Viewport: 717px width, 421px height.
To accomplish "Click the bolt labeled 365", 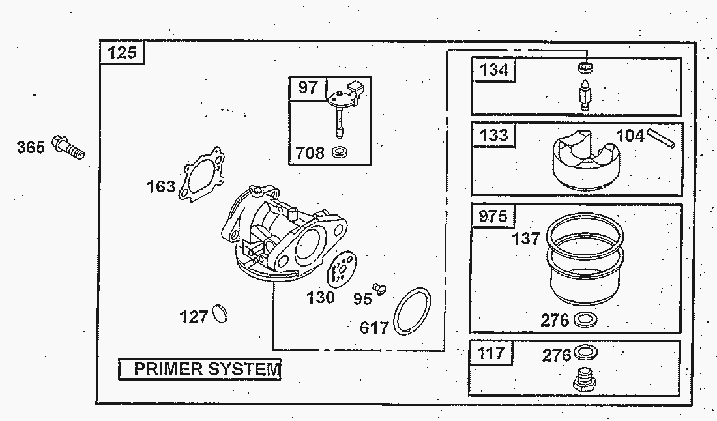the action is click(x=68, y=147).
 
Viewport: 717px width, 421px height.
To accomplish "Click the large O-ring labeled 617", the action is click(x=412, y=312).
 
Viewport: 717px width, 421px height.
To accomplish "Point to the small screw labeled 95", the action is click(x=379, y=289).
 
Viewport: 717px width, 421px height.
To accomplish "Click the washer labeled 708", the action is click(x=340, y=152).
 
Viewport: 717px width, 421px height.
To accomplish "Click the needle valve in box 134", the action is click(x=585, y=94).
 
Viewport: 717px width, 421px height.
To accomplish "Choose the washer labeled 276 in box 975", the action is click(x=585, y=319).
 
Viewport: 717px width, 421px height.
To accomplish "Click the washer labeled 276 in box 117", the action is click(x=585, y=353).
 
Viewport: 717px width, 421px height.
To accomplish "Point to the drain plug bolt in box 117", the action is click(x=585, y=379).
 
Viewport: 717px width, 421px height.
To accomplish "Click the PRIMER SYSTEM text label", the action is click(x=206, y=369).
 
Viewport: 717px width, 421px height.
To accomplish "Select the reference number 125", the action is click(x=122, y=53).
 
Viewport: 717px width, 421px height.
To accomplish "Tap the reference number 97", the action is click(x=308, y=87).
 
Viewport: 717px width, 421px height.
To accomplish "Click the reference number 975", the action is click(x=493, y=216).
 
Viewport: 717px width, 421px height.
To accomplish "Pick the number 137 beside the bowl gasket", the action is click(x=526, y=238).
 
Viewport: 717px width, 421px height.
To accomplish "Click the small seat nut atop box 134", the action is click(x=585, y=66).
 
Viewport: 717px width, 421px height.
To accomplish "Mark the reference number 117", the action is click(x=491, y=353).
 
